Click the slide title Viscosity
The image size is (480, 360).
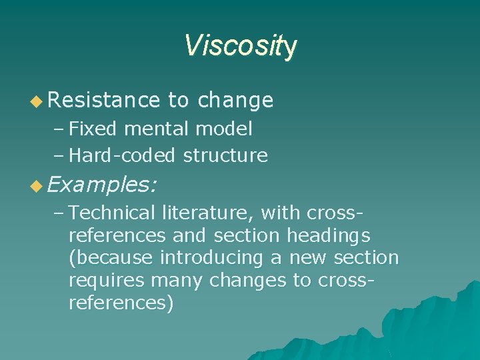240,46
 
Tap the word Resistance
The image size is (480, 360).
103,101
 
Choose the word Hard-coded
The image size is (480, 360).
122,156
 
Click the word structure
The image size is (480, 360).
225,156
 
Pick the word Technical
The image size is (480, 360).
111,213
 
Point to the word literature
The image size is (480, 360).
207,213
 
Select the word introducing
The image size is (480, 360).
207,258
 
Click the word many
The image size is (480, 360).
177,281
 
